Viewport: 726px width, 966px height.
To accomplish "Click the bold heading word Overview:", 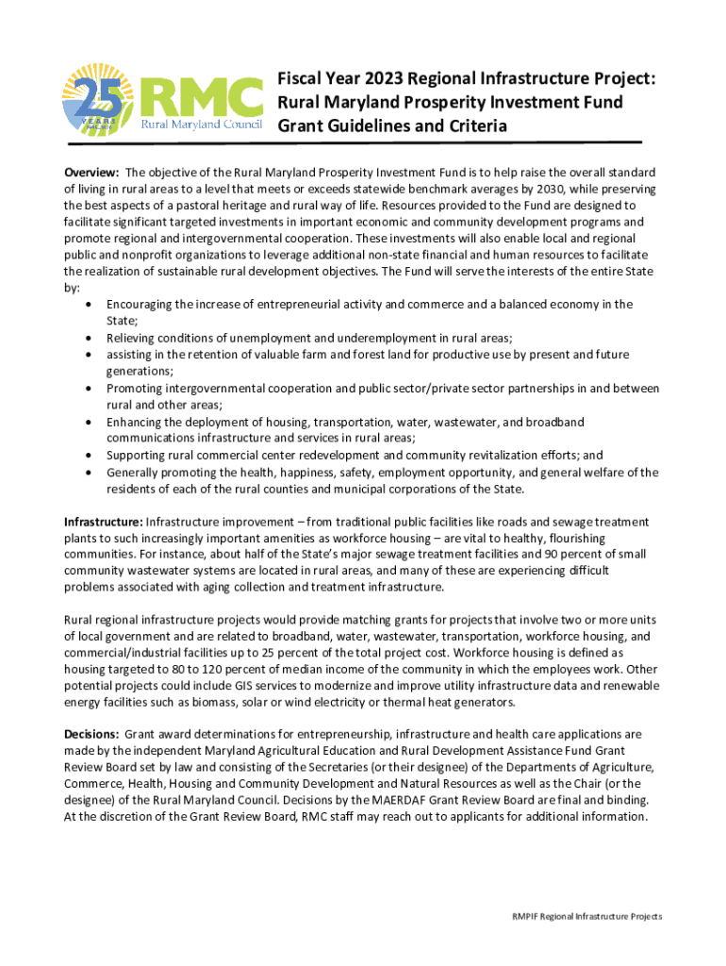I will pyautogui.click(x=91, y=173).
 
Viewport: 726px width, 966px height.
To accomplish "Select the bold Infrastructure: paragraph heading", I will pyautogui.click(x=103, y=522).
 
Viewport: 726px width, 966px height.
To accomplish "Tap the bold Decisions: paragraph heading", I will pyautogui.click(x=91, y=733).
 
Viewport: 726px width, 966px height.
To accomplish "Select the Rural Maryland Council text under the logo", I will pyautogui.click(x=201, y=125).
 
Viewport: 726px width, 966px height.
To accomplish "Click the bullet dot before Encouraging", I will pyautogui.click(x=88, y=305).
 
